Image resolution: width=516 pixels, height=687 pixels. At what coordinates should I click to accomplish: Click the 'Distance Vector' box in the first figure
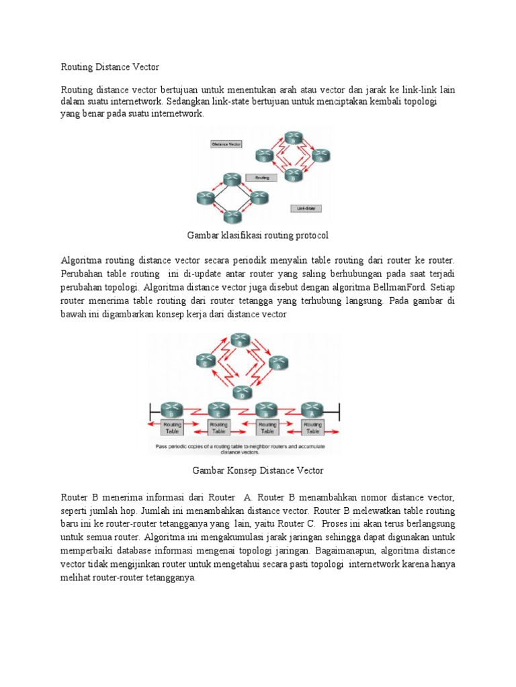tap(226, 144)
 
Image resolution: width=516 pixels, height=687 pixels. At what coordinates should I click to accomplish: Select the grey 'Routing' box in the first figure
tap(261, 178)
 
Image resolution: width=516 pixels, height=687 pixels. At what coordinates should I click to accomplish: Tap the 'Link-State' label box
tap(306, 208)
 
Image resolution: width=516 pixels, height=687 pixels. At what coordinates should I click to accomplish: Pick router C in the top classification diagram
tap(263, 155)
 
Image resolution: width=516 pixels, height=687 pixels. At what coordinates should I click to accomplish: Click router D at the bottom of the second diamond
tap(239, 393)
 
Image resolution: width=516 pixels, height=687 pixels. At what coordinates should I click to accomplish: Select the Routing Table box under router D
tap(171, 428)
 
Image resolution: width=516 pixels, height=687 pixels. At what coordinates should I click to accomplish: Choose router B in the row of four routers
tap(266, 409)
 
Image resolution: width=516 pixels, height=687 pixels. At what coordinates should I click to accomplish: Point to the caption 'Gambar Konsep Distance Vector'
tap(258, 471)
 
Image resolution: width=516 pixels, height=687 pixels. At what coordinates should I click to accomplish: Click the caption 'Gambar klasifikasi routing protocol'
tap(257, 235)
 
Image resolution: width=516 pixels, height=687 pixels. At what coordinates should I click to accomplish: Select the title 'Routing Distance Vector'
tap(110, 66)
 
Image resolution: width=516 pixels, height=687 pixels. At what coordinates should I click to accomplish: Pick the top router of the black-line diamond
tap(232, 178)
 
